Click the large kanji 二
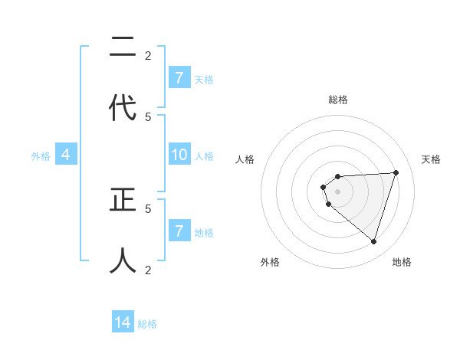click(x=123, y=48)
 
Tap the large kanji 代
click(x=123, y=108)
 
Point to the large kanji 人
click(x=123, y=260)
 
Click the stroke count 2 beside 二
click(x=148, y=55)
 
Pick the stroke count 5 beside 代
click(x=148, y=116)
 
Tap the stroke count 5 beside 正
click(x=148, y=208)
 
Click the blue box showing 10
click(x=179, y=155)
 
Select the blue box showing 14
click(x=123, y=322)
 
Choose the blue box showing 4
click(x=66, y=155)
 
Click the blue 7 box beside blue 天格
click(x=179, y=78)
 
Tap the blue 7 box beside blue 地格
click(x=179, y=231)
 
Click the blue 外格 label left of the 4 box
click(x=41, y=156)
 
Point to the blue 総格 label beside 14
click(x=147, y=324)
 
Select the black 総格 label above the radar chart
click(x=338, y=100)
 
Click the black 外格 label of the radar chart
click(x=270, y=262)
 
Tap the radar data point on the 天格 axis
click(x=396, y=172)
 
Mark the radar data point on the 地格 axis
click(x=373, y=241)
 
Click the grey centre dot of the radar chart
click(x=337, y=191)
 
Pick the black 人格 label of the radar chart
click(x=245, y=159)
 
